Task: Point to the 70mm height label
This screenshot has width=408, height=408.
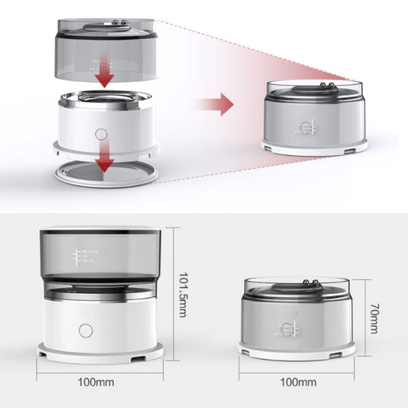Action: point(373,317)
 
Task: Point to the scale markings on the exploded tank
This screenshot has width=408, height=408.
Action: point(98,60)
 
